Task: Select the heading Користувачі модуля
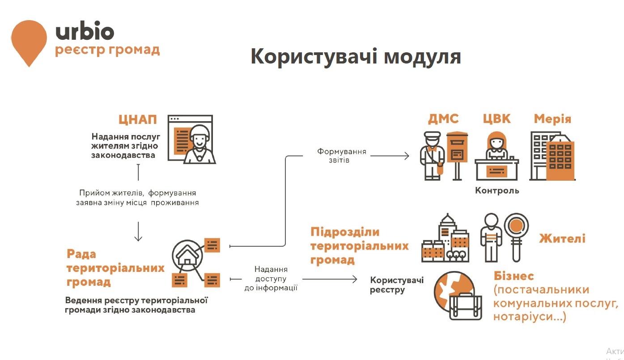click(x=356, y=57)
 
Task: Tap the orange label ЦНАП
click(x=138, y=119)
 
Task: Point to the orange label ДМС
click(x=443, y=119)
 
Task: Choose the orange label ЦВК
click(x=497, y=119)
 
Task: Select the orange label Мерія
click(x=552, y=119)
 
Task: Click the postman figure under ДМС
click(x=432, y=156)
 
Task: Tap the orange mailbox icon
click(x=457, y=156)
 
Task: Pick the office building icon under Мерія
click(x=552, y=156)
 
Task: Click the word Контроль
click(x=497, y=191)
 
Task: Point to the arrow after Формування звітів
click(x=390, y=156)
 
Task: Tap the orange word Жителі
click(x=562, y=239)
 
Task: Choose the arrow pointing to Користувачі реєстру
click(x=330, y=279)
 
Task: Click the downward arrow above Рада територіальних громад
click(x=138, y=231)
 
